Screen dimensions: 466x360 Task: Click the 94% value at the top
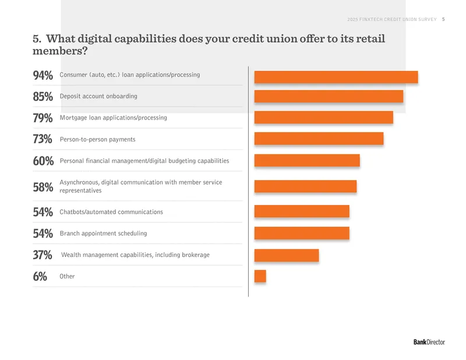(43, 76)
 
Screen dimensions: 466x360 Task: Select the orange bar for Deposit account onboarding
(329, 96)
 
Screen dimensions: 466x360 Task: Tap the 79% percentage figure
(43, 118)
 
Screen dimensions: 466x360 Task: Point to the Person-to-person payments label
(97, 139)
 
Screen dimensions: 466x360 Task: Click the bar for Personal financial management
(307, 161)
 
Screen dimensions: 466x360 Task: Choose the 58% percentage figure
(43, 188)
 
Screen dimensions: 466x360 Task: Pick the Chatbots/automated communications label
(111, 212)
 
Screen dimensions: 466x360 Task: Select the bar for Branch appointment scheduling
(302, 233)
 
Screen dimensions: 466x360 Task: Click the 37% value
(43, 255)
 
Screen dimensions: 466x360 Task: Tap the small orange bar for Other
(260, 276)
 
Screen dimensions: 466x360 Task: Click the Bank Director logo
(429, 342)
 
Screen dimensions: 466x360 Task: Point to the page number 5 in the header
(443, 19)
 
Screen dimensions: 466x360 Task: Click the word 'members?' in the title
(60, 51)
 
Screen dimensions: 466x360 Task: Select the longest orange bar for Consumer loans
(336, 77)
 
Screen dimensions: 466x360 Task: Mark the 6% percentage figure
(40, 277)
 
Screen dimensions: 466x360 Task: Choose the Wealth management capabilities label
(135, 255)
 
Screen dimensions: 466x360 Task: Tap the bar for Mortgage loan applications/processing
(324, 118)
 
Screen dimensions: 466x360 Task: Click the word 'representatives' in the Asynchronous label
(80, 190)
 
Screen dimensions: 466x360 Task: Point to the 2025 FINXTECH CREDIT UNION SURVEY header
(392, 19)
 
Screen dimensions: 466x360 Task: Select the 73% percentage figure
(43, 139)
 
